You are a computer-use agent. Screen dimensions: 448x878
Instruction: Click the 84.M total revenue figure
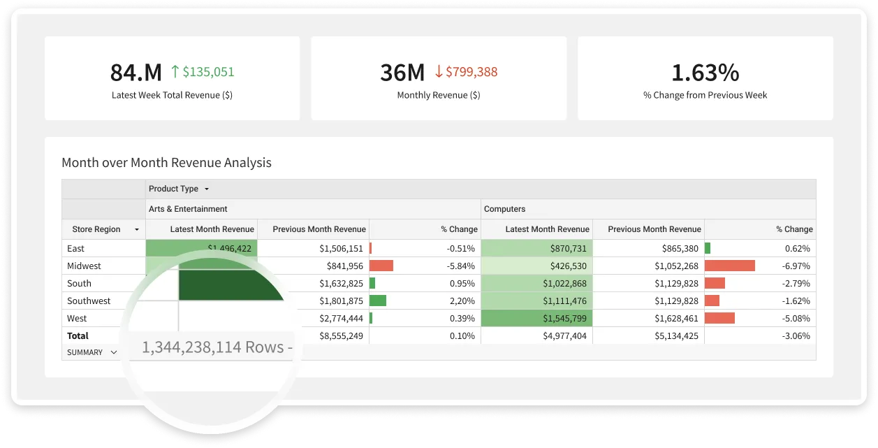coord(136,72)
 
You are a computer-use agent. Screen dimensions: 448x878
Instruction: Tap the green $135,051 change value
coord(208,71)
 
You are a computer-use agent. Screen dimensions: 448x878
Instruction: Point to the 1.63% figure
coord(705,72)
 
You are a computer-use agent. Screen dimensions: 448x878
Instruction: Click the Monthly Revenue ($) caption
coord(438,95)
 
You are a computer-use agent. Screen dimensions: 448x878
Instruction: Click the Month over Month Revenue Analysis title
coord(166,162)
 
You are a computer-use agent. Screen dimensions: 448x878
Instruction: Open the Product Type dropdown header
coord(178,189)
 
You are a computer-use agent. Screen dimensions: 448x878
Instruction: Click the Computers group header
coord(504,208)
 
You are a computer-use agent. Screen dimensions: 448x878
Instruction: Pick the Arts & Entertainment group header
coord(187,208)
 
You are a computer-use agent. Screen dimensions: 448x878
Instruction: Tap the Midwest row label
coord(84,266)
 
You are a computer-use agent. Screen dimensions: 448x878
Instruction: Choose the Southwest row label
coord(89,301)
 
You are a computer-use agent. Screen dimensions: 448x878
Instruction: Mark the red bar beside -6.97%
coord(729,266)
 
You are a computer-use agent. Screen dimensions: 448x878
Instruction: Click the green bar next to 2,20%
coord(377,301)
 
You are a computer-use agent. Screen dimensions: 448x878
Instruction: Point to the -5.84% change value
coord(461,266)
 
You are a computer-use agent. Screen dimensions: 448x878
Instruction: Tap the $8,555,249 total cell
coord(342,335)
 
